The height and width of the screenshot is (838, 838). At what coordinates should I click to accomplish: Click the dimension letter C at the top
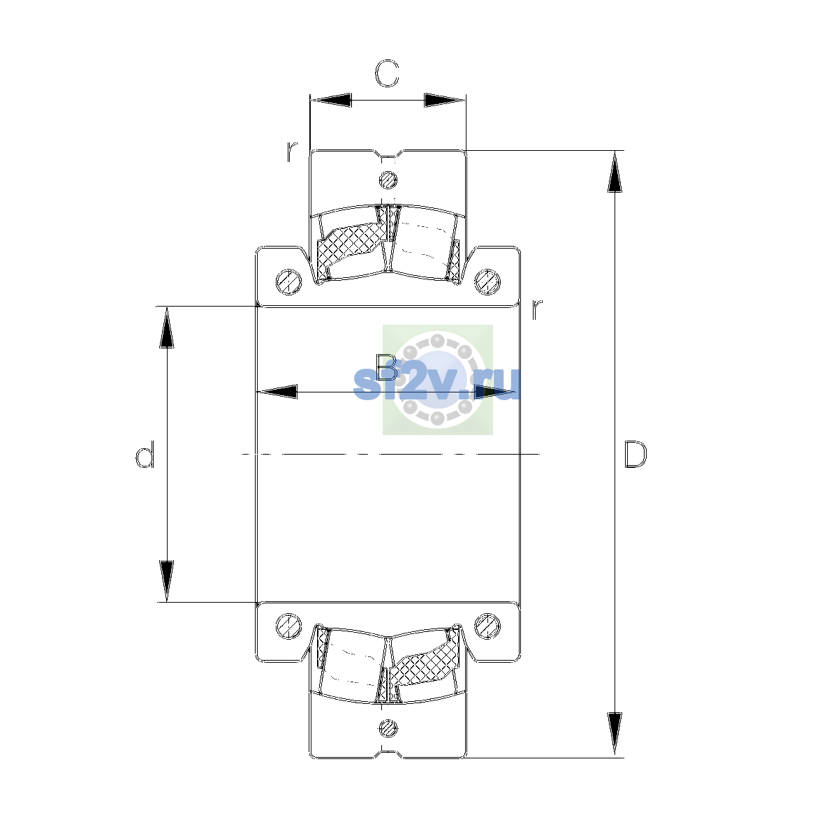coord(387,73)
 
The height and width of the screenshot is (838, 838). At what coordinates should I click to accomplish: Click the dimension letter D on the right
coord(635,455)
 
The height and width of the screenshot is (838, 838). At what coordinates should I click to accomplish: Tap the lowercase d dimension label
coord(145,455)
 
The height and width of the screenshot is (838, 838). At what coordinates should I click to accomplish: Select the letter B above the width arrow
coord(387,367)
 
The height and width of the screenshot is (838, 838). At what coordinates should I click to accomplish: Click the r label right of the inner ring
coord(538,309)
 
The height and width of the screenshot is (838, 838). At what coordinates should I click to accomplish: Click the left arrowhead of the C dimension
coord(330,100)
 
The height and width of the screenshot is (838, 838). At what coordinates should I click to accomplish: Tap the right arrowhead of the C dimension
coord(444,100)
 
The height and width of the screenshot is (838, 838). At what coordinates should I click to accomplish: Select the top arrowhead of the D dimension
coord(615,172)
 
